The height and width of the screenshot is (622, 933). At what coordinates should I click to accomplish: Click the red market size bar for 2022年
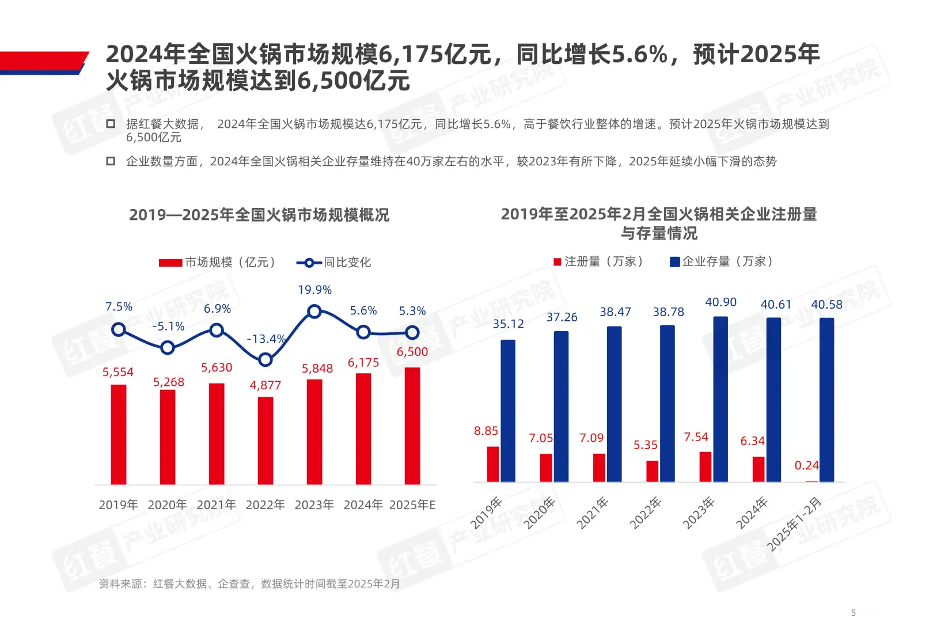coord(266,441)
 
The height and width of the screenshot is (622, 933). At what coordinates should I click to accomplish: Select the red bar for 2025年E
coord(412,426)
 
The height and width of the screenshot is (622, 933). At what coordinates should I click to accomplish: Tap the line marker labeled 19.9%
coord(314,312)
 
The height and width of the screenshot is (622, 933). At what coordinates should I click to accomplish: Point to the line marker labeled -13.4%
coord(266,360)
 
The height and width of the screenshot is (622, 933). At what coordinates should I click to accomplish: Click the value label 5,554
coord(118,372)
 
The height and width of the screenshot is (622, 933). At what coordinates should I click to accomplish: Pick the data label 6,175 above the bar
coord(363,362)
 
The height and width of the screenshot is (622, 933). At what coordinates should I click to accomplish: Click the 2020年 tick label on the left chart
coord(167,505)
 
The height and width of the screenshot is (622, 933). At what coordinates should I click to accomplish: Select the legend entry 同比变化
coord(334,263)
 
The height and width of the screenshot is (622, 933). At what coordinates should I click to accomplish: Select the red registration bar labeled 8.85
coord(493,464)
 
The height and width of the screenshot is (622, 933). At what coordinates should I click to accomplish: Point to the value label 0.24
coord(806,465)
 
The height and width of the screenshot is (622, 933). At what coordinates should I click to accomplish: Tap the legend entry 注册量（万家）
coord(598,261)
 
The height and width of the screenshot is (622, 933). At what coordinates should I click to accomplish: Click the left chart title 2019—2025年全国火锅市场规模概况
coord(259,215)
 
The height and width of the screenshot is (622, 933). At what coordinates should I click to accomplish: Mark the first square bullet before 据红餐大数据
coord(111,124)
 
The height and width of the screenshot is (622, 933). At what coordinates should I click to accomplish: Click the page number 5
coord(854,613)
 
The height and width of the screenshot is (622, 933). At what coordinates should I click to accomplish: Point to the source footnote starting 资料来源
coord(249,584)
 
